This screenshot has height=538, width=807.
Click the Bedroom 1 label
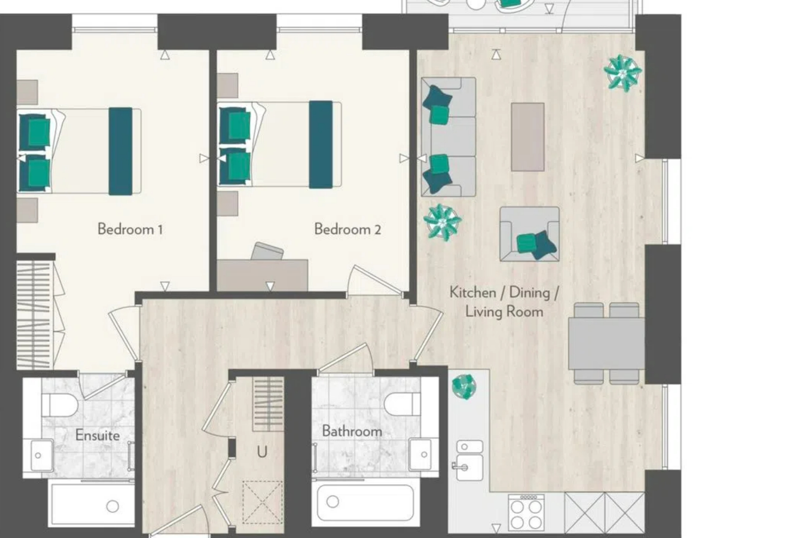click(x=130, y=229)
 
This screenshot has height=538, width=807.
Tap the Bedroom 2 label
click(x=347, y=229)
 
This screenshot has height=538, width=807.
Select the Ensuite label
click(x=97, y=435)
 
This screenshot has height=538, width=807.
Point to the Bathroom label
click(x=352, y=431)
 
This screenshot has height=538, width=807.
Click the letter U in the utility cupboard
click(x=262, y=453)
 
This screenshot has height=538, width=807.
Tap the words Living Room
click(x=504, y=311)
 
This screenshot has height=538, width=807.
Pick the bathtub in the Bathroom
click(x=366, y=502)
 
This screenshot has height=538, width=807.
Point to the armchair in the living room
click(x=529, y=234)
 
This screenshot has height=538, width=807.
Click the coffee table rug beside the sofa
click(x=528, y=137)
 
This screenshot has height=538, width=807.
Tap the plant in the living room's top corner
click(x=623, y=73)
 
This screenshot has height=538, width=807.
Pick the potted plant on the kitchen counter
click(x=464, y=386)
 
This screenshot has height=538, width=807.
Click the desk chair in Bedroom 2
click(x=267, y=252)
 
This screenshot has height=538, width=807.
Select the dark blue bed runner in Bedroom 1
click(x=120, y=151)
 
